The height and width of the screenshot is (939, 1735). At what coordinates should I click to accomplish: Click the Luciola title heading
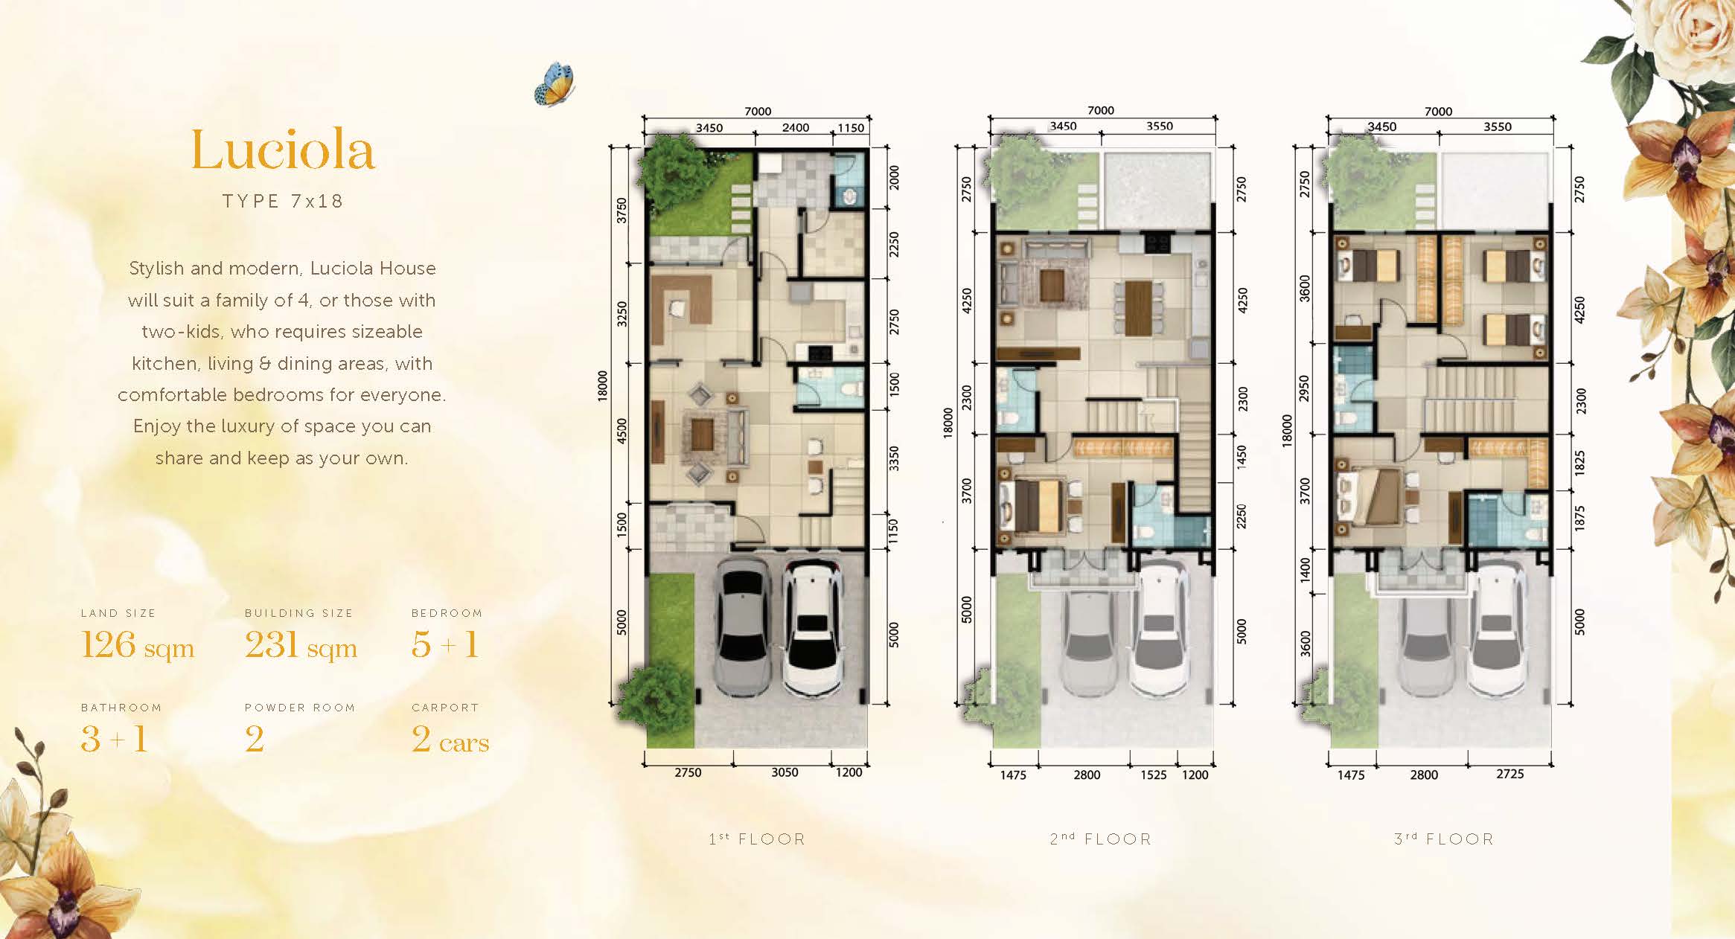tap(283, 150)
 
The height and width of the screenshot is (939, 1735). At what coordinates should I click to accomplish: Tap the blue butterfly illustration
tap(555, 83)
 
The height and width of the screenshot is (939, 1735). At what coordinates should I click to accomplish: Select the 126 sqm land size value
tap(138, 645)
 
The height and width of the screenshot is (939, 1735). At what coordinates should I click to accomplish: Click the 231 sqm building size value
tap(301, 645)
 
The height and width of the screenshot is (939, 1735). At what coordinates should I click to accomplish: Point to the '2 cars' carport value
tap(450, 739)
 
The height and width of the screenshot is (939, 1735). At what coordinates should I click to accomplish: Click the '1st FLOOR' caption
tap(757, 839)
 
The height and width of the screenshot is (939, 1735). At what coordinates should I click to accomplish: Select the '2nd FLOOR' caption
tap(1100, 839)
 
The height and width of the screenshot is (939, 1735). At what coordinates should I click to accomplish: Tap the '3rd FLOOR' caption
tap(1444, 839)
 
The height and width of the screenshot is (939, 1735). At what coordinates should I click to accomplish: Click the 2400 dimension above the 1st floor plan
tap(795, 127)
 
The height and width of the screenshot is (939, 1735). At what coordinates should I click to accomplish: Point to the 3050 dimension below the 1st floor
tap(785, 772)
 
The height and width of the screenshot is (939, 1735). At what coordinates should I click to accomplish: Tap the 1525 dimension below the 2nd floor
tap(1153, 775)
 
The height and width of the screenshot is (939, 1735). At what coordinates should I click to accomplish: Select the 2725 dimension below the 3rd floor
tap(1509, 774)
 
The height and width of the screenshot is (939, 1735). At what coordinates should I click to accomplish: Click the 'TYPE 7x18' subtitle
tap(283, 202)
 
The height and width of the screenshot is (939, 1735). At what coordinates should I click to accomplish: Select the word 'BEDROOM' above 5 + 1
tap(447, 613)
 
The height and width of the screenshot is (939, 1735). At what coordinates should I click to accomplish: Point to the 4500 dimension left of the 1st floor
tap(622, 430)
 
